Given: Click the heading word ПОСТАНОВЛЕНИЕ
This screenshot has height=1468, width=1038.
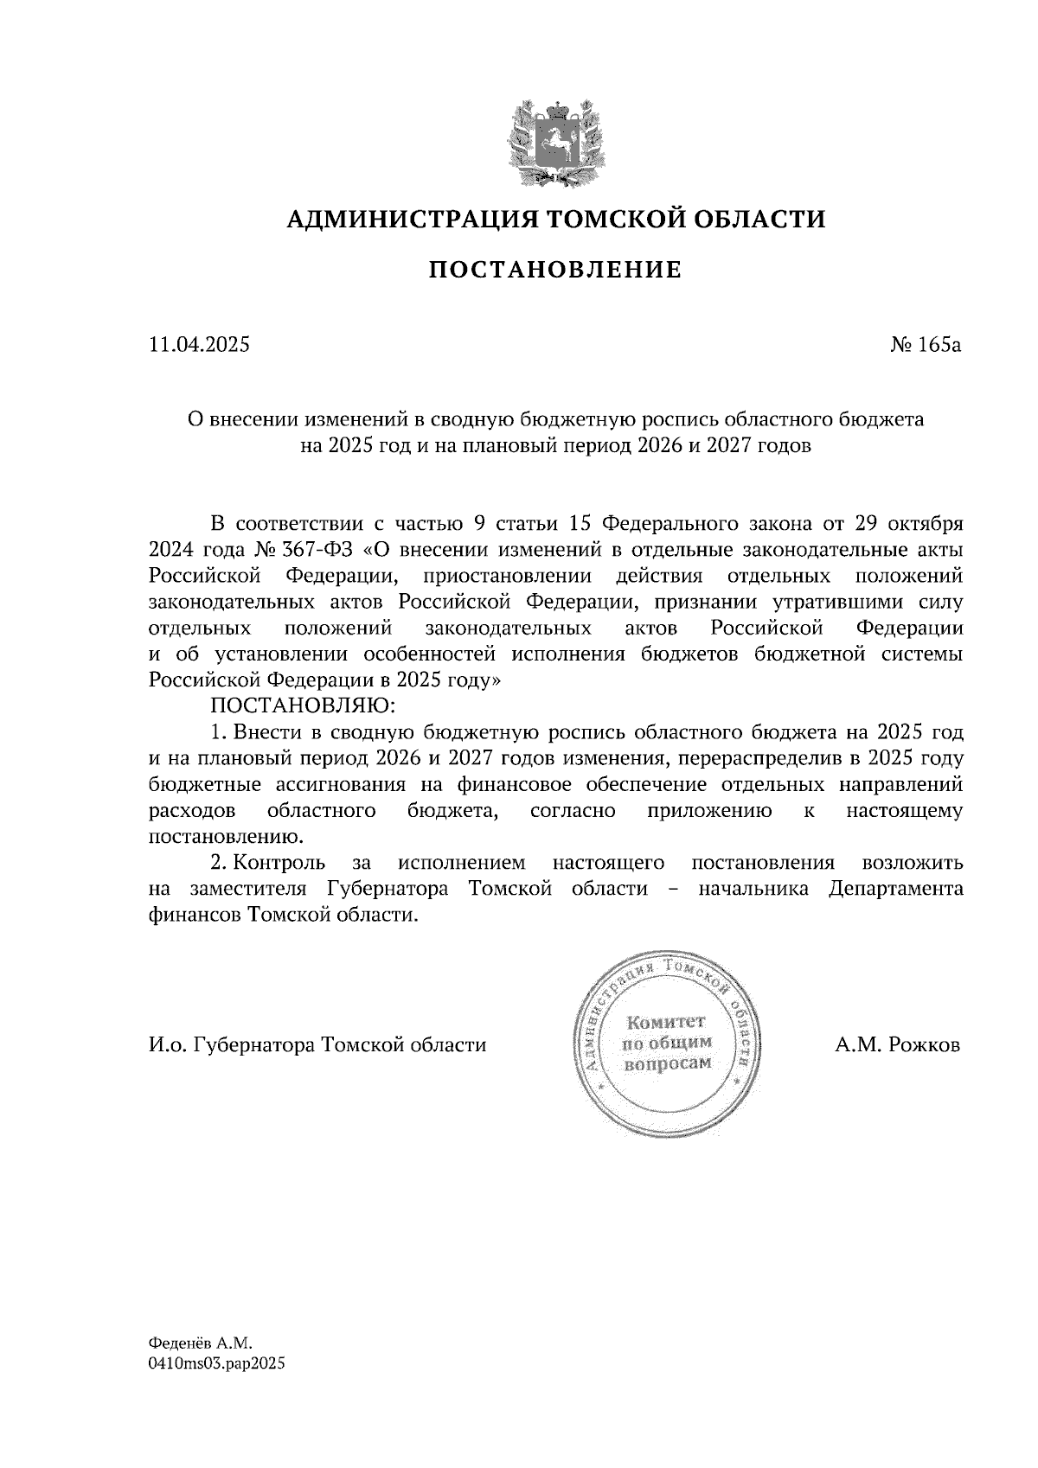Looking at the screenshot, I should (x=555, y=271).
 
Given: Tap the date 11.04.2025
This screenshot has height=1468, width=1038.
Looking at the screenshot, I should (x=199, y=345).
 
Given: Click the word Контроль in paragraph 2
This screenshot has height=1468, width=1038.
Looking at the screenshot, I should (x=279, y=863).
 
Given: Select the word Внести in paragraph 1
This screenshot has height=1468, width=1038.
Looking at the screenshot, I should (x=264, y=733).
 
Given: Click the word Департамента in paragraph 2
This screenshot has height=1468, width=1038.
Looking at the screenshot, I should (x=895, y=889).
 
